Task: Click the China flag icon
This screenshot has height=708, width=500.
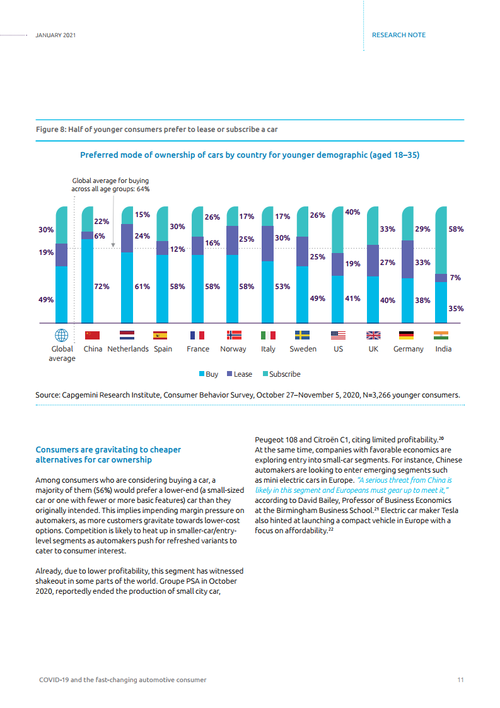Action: tap(93, 336)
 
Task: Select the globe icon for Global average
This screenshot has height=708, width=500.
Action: tap(62, 336)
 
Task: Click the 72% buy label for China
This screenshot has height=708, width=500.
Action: tap(102, 286)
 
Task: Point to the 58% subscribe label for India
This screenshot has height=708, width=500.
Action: tap(456, 229)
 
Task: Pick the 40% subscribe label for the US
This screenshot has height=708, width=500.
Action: tap(352, 213)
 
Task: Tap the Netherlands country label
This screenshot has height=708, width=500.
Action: tap(128, 349)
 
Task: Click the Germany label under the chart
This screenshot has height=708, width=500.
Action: tap(408, 349)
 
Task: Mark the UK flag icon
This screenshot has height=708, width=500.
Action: tap(373, 336)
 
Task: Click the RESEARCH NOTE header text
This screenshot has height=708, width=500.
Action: tap(398, 35)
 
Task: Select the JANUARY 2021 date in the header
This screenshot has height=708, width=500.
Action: tap(56, 35)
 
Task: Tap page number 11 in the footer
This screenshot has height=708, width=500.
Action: tap(461, 680)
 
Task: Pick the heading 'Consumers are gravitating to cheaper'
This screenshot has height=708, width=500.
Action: tap(108, 450)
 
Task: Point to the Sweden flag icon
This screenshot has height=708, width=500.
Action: tap(303, 336)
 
